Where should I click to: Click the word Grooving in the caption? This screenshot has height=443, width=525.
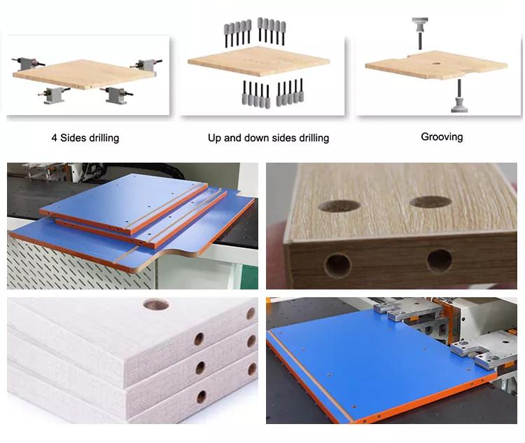(442, 137)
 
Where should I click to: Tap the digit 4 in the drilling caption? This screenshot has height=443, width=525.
(54, 138)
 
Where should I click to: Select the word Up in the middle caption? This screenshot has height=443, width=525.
(214, 138)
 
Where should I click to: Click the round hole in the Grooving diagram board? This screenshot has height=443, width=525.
(436, 63)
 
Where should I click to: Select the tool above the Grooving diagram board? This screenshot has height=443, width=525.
(420, 33)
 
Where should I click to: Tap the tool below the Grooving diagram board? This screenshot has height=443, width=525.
(459, 96)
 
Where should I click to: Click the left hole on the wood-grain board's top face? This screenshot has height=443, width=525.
(339, 206)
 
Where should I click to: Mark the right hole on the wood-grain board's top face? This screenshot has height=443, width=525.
(430, 201)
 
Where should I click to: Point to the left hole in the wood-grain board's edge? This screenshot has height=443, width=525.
(338, 265)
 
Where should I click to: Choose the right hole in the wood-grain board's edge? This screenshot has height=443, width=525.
(440, 261)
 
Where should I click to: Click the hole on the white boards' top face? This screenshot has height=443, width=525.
(156, 304)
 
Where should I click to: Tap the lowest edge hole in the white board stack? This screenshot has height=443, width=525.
(201, 397)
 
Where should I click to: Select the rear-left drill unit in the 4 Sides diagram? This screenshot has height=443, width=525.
(28, 62)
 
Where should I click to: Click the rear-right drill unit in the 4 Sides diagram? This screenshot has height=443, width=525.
(147, 64)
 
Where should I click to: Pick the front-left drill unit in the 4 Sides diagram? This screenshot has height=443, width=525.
(54, 95)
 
